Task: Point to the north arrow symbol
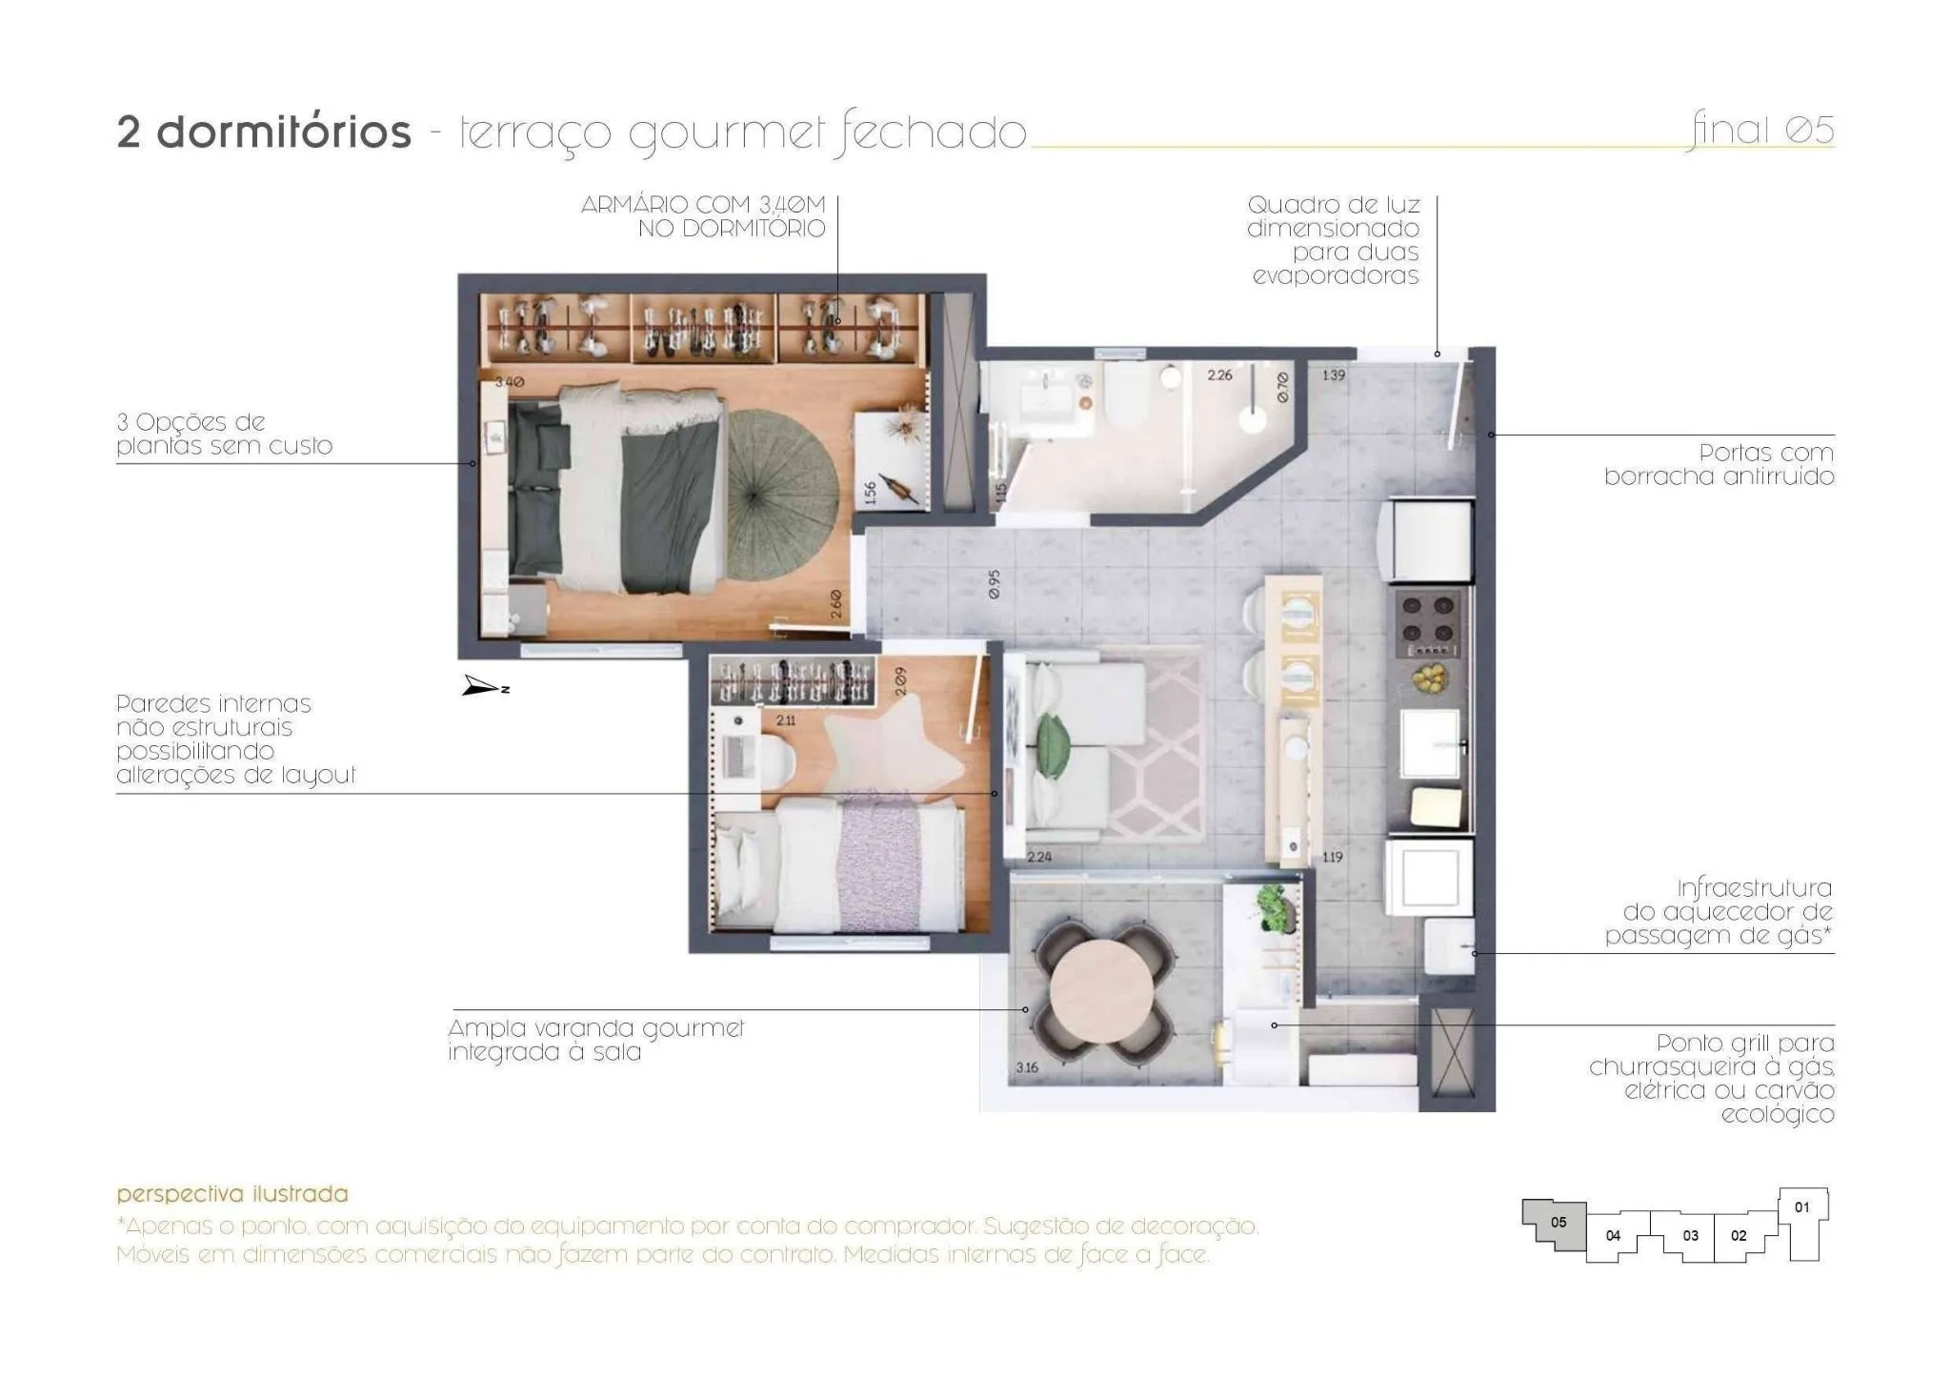coord(485,686)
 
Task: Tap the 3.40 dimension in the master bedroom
coord(509,382)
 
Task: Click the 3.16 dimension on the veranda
coord(1026,1067)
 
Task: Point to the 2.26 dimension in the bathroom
coord(1219,375)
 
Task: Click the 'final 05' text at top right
coord(1762,130)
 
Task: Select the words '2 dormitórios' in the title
coord(264,132)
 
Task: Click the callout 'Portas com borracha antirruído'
coord(1720,464)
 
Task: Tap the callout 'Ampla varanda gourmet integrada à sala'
coord(596,1041)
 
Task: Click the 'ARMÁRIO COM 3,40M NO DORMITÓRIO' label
coord(703,216)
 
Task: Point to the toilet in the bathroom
coord(1127,395)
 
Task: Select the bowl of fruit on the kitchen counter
coord(1428,678)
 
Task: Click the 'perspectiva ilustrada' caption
coord(232,1194)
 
